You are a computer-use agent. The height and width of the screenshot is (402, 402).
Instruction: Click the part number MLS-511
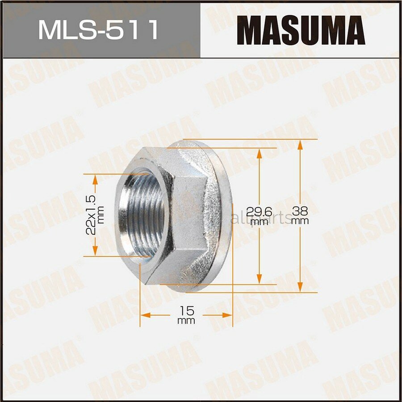point(98,29)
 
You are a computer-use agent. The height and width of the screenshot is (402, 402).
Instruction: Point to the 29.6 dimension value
point(259,210)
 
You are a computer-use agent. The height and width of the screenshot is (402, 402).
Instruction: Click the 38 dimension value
point(301,210)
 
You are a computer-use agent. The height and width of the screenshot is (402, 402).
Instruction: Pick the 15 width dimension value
point(186,310)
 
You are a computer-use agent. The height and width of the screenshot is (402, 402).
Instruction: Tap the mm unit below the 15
point(186,321)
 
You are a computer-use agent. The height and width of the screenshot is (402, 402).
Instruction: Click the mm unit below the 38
point(301,221)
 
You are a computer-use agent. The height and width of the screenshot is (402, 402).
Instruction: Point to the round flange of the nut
point(223,214)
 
